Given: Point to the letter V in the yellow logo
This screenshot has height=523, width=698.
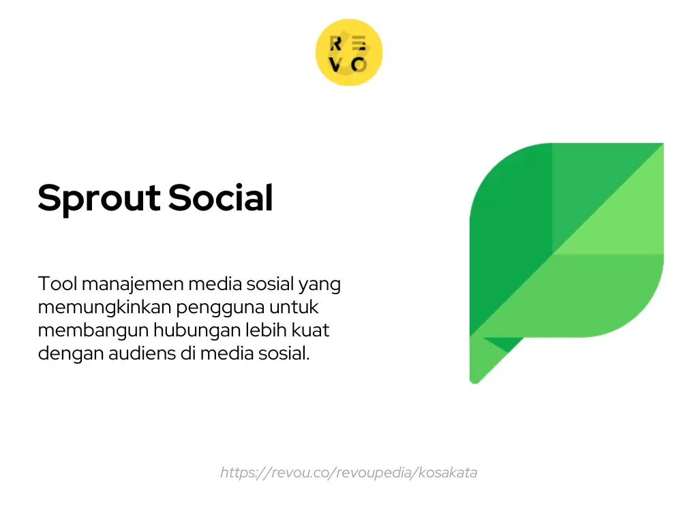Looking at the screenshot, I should click(336, 65).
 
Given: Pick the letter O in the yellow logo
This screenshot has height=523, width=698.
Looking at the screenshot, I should click(359, 65).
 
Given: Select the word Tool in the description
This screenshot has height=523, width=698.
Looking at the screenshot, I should click(57, 283).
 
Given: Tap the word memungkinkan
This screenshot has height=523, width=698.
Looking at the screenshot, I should click(105, 308).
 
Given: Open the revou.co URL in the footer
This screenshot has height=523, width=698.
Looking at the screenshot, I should click(348, 473).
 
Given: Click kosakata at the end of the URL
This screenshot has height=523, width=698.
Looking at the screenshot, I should click(448, 473).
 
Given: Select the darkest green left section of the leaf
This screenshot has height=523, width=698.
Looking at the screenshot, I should click(508, 252).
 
